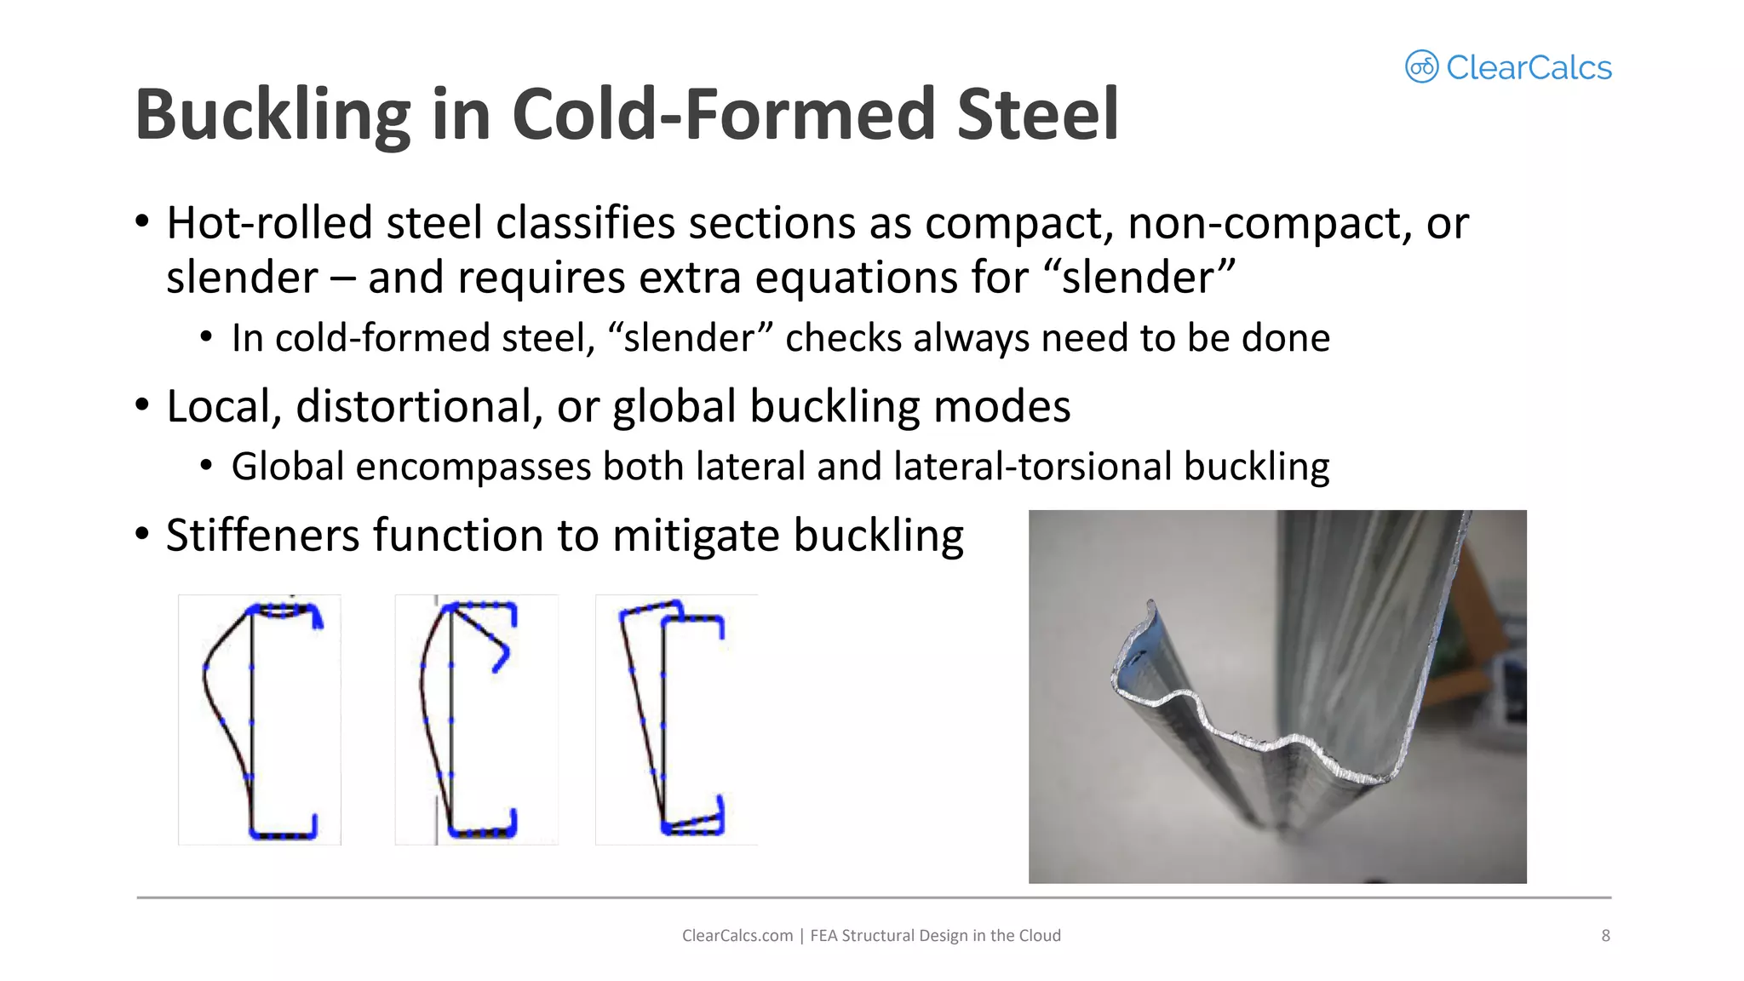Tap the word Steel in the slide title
pos(1036,115)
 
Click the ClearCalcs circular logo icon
pos(1421,66)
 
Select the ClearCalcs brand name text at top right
pos(1529,68)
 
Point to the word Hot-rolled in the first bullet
pos(269,223)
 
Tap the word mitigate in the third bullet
pos(696,536)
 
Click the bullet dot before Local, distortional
pos(142,404)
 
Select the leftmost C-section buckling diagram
pos(260,720)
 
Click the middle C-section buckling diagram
pos(476,720)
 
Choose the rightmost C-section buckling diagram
pos(676,720)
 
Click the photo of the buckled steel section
pos(1277,697)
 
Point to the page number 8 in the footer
pos(1605,935)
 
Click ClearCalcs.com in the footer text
pos(737,935)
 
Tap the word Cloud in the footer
pos(1040,935)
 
